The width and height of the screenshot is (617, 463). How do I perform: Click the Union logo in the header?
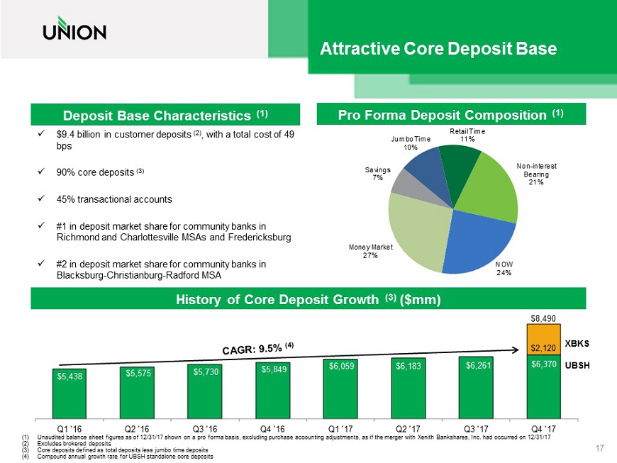coord(74,31)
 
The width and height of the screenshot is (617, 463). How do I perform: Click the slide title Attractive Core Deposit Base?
coord(438,49)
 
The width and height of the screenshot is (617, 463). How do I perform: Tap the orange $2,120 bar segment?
coord(542,340)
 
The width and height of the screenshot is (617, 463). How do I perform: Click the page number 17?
coord(599,448)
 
